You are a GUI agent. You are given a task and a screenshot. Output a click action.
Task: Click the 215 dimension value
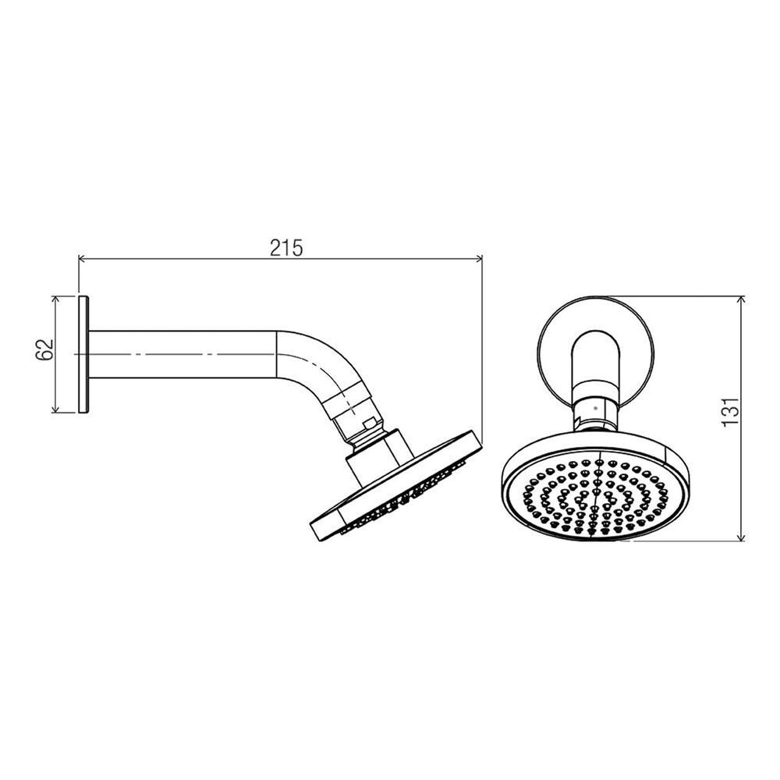point(286,247)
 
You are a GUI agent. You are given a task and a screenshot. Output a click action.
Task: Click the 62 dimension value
point(44,349)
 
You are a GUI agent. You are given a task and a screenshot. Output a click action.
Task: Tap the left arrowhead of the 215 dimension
point(83,258)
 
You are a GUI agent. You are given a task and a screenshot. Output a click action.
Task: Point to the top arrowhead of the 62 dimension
point(55,299)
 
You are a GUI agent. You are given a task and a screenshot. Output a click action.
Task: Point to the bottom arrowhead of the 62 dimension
point(55,409)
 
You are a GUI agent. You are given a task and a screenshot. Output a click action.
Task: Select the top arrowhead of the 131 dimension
point(741,300)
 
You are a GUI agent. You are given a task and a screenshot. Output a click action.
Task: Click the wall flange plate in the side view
point(84,354)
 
